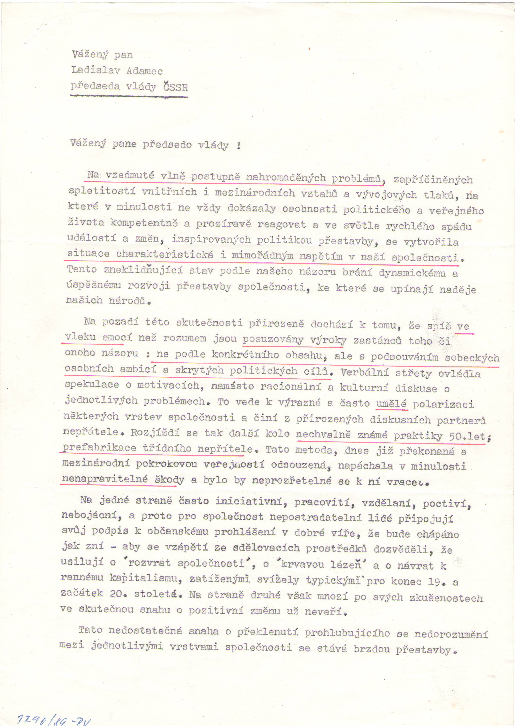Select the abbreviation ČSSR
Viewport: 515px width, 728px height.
pyautogui.click(x=175, y=87)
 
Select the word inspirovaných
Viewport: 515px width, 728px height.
pyautogui.click(x=211, y=240)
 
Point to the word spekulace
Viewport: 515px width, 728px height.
pyautogui.click(x=92, y=385)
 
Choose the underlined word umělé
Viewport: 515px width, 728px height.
pyautogui.click(x=391, y=404)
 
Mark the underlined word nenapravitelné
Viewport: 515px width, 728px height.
pyautogui.click(x=105, y=479)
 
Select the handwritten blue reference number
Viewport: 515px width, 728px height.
pyautogui.click(x=54, y=720)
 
